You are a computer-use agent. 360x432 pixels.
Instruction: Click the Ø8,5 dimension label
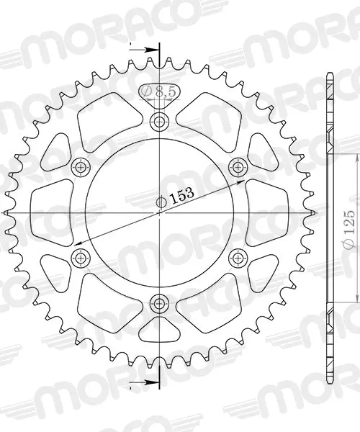(x=159, y=91)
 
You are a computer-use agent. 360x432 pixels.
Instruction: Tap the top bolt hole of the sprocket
(x=159, y=121)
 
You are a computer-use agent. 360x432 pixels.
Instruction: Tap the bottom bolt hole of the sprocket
(x=158, y=303)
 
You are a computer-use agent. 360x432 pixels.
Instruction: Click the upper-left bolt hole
(x=81, y=167)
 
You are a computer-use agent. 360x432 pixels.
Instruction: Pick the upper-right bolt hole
(x=238, y=167)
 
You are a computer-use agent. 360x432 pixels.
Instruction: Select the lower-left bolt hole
(x=81, y=258)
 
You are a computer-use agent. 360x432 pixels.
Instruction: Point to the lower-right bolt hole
(x=238, y=258)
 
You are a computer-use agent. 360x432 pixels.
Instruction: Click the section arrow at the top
(x=145, y=50)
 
